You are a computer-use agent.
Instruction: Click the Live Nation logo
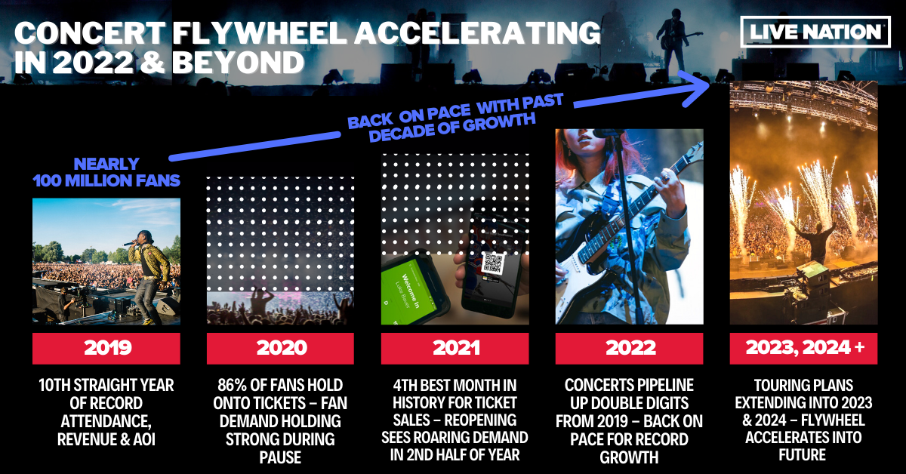pos(815,32)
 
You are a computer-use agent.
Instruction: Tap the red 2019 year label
pos(106,348)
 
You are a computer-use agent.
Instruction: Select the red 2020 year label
pos(280,348)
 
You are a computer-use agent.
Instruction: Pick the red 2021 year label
pos(455,348)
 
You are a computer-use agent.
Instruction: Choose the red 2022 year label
pos(630,348)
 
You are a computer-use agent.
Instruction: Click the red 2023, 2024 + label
pos(803,348)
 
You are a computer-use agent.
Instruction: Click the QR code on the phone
pos(493,263)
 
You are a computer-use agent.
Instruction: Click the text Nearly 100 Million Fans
pos(106,172)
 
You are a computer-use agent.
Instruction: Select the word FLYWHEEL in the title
pos(260,33)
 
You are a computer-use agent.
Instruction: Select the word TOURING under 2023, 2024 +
pos(778,385)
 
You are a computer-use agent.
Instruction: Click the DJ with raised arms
pos(814,241)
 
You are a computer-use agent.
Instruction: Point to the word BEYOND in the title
pos(238,63)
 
